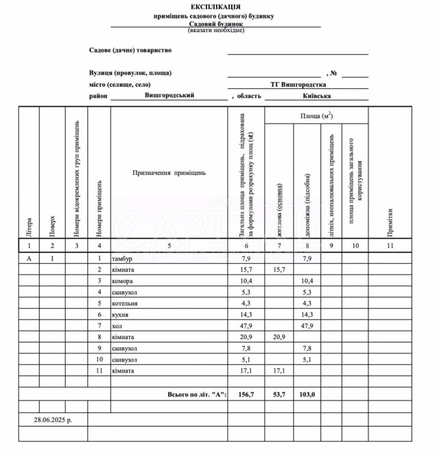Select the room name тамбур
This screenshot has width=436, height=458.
[x=122, y=258]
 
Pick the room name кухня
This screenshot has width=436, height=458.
[x=120, y=314]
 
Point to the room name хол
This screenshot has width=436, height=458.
[x=117, y=325]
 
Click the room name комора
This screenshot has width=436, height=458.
[x=122, y=281]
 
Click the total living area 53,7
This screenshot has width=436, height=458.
[x=279, y=394]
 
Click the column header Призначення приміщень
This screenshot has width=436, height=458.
[x=169, y=173]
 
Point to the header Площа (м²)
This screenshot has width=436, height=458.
[x=316, y=116]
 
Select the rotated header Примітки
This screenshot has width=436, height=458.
[x=390, y=219]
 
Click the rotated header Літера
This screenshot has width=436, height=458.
[x=29, y=224]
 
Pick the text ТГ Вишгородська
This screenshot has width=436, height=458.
[x=297, y=84]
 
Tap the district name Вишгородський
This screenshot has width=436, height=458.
[x=169, y=96]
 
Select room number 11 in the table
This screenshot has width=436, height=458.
[x=99, y=371]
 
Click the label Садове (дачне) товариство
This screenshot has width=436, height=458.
[x=131, y=50]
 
